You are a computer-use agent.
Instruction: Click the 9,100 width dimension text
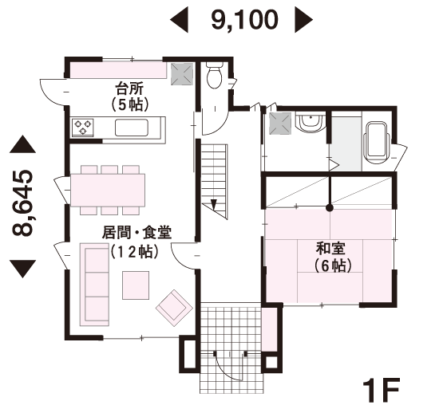click(x=244, y=20)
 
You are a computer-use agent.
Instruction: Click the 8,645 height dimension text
click(x=22, y=203)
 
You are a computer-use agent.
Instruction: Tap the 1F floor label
click(x=381, y=391)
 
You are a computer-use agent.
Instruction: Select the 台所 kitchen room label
click(x=129, y=88)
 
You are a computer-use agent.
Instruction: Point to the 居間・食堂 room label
click(x=136, y=233)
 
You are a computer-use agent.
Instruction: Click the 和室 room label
click(x=330, y=249)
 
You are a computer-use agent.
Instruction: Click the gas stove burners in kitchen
click(x=83, y=127)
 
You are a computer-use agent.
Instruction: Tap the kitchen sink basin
click(x=132, y=128)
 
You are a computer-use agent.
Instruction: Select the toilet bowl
click(x=214, y=75)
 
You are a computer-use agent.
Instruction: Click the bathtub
click(x=376, y=144)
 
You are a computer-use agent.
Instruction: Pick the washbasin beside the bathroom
click(x=311, y=122)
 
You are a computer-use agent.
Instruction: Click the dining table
click(x=108, y=190)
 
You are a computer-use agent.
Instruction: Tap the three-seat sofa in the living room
click(x=94, y=285)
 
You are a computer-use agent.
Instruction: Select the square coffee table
click(x=136, y=285)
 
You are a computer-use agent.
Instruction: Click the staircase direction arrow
click(x=214, y=205)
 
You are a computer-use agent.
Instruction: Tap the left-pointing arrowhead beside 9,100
click(x=179, y=20)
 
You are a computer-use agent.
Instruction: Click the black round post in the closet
click(x=330, y=208)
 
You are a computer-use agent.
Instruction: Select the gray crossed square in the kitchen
click(x=182, y=74)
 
